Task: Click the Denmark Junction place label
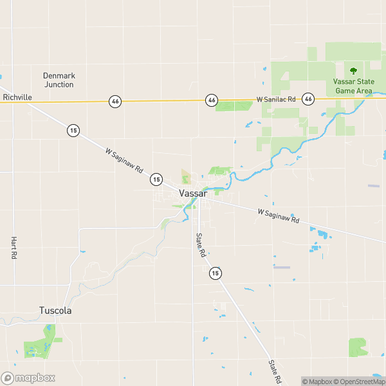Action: pyautogui.click(x=59, y=80)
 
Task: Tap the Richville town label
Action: pyautogui.click(x=17, y=97)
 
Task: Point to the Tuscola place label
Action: pyautogui.click(x=55, y=310)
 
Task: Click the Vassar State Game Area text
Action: pyautogui.click(x=353, y=86)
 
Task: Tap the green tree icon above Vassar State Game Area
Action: pyautogui.click(x=353, y=71)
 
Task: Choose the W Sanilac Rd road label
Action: pyautogui.click(x=275, y=100)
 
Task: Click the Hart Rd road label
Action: pyautogui.click(x=14, y=247)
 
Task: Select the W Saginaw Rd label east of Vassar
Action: pyautogui.click(x=279, y=216)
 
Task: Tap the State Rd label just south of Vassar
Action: pyautogui.click(x=200, y=245)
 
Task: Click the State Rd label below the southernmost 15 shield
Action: pyautogui.click(x=275, y=372)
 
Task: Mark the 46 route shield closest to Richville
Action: pyautogui.click(x=115, y=101)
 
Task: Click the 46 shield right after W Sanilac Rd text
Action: pyautogui.click(x=309, y=99)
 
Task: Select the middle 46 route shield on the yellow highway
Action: pyautogui.click(x=211, y=100)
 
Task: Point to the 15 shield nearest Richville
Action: pyautogui.click(x=73, y=130)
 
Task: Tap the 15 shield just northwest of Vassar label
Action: pyautogui.click(x=156, y=178)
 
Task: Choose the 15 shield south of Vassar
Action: pyautogui.click(x=215, y=273)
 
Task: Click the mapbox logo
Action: pyautogui.click(x=28, y=378)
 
